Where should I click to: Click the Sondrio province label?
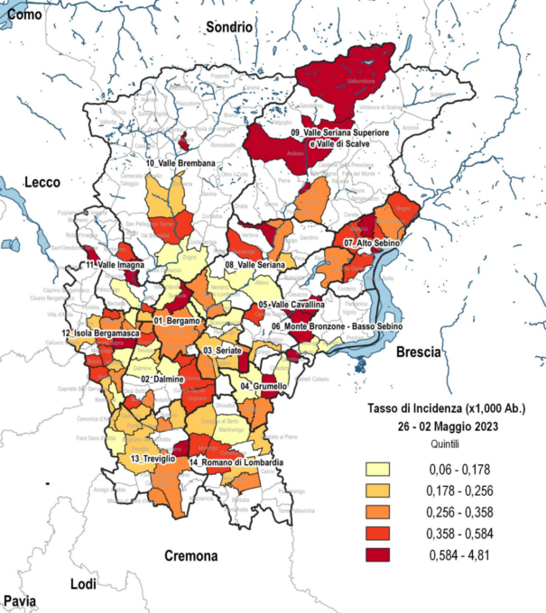228,28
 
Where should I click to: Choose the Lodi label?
83,584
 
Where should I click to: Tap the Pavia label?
20,600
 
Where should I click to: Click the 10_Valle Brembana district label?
180,163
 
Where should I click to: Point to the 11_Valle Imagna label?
116,266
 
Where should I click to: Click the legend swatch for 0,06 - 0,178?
380,469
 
